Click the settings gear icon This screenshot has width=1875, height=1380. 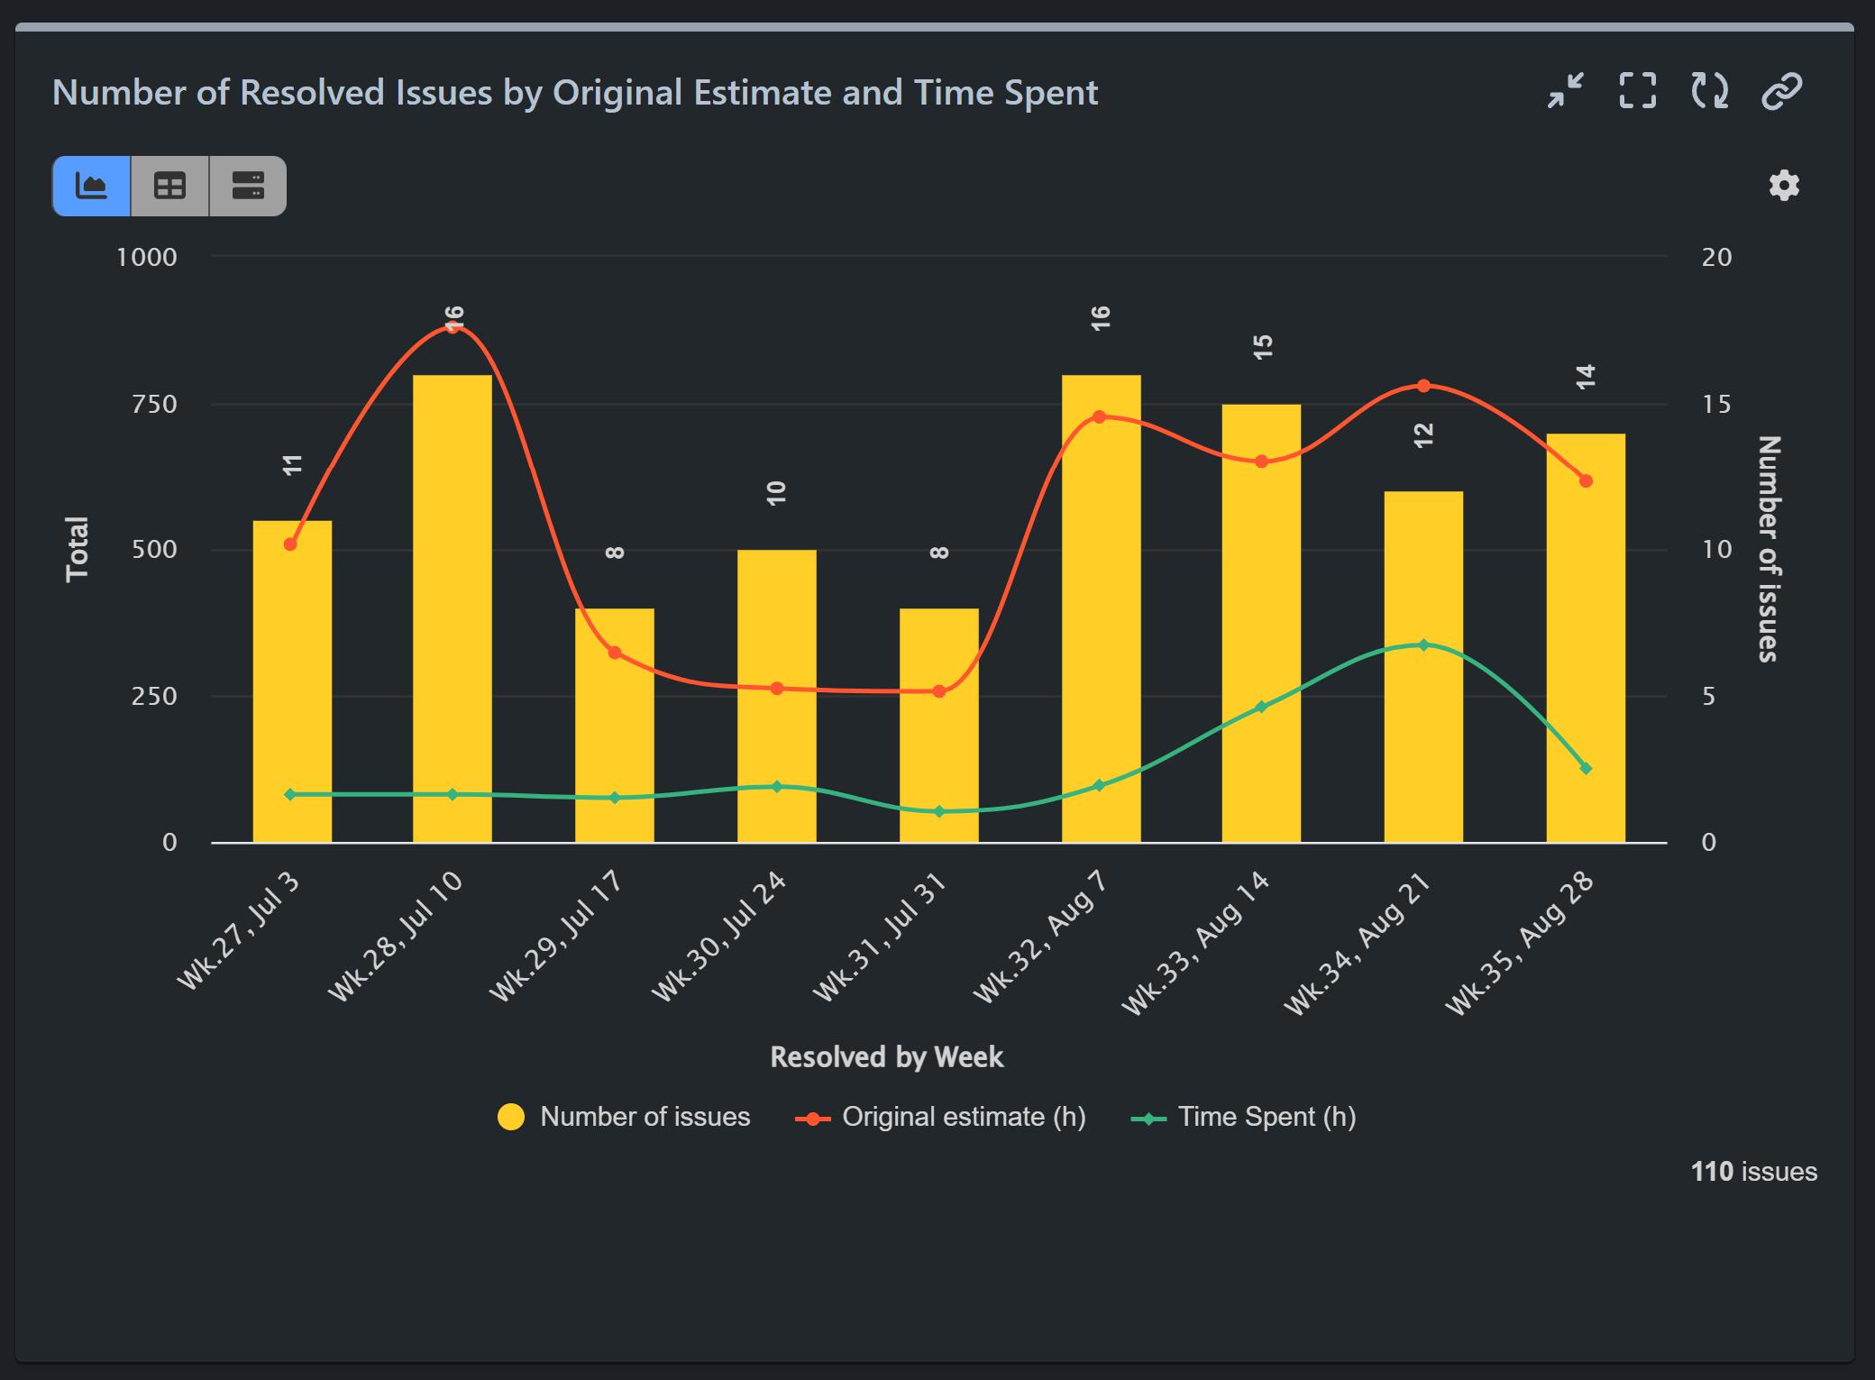(1783, 186)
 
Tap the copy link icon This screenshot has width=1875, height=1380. (1781, 91)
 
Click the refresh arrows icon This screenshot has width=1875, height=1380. (1709, 91)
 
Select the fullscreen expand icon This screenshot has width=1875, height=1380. (1637, 91)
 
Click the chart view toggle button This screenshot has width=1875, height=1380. (92, 186)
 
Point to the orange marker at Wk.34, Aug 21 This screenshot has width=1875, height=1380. (1423, 386)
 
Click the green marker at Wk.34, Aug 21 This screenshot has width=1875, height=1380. (1423, 645)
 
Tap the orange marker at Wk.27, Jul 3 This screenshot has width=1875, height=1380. (290, 544)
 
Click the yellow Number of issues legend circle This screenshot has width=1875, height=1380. (511, 1117)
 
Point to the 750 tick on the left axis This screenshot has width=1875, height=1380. (154, 404)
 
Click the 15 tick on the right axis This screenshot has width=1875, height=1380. (1715, 404)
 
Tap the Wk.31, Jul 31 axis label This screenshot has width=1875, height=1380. (880, 937)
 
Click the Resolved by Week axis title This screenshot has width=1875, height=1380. (886, 1056)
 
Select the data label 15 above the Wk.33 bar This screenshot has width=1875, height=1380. (1262, 347)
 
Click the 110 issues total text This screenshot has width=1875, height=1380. (1753, 1171)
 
